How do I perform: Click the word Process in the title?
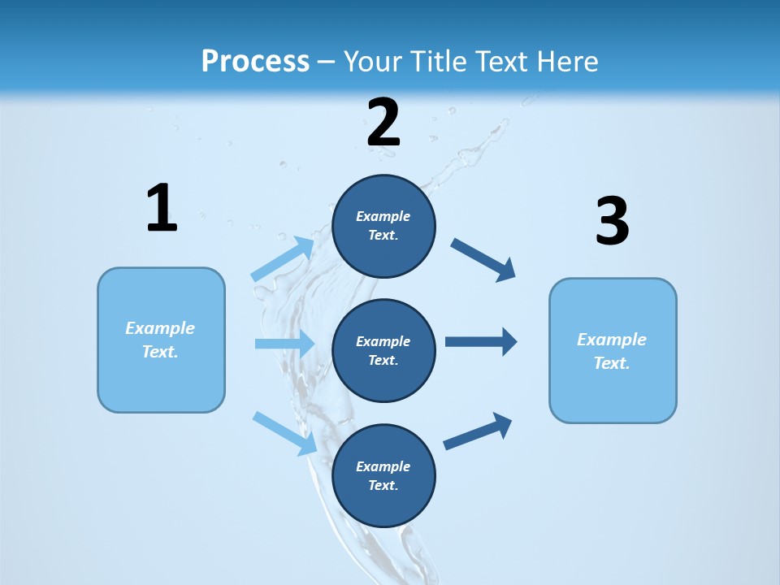(255, 62)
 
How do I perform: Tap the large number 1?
(162, 209)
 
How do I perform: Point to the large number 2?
(383, 123)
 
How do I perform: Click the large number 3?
(612, 222)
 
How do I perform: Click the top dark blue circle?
(383, 226)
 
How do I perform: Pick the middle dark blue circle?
(383, 351)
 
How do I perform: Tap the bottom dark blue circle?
(383, 476)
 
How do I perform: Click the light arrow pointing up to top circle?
(284, 259)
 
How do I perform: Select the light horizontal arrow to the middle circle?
(284, 344)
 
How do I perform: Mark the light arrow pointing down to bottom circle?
(285, 433)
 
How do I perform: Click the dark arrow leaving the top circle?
(483, 259)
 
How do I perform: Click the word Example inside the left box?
(160, 328)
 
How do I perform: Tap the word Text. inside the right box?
(612, 363)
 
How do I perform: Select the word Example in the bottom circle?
(383, 466)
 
